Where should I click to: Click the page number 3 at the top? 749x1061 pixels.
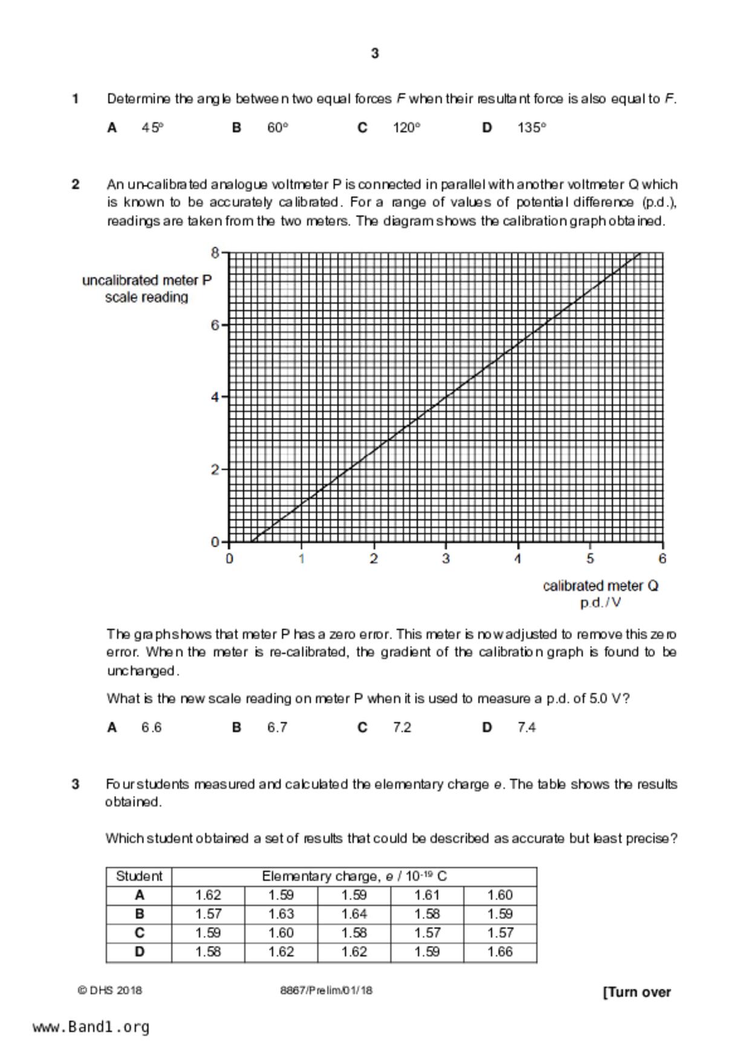pos(375,54)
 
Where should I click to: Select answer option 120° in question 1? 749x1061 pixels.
pos(406,128)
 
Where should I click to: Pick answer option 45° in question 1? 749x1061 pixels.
pos(152,128)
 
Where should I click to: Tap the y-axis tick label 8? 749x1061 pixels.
pos(215,253)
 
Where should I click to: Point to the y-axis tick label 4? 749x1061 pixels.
pos(215,397)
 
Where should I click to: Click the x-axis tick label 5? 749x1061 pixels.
pos(590,559)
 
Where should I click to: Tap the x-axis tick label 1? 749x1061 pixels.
pos(301,559)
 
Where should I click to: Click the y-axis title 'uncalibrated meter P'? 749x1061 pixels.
pos(147,281)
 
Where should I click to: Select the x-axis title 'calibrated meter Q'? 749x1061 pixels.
pos(600,586)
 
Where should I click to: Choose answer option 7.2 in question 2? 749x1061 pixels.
pos(401,728)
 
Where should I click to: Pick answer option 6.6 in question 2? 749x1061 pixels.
pos(151,728)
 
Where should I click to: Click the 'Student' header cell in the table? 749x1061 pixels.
pos(139,877)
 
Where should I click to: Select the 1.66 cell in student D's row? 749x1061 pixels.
pos(500,952)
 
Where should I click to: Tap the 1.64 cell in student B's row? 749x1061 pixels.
pos(354,914)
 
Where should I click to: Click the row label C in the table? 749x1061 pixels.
pos(139,933)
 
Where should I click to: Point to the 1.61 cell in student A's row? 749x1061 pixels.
pos(427,895)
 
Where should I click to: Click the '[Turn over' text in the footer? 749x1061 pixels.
pos(637,993)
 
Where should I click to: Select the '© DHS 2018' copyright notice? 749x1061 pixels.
pos(110,991)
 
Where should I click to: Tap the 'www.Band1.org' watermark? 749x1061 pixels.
pos(91,1027)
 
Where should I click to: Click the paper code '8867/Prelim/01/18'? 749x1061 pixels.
pos(326,991)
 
